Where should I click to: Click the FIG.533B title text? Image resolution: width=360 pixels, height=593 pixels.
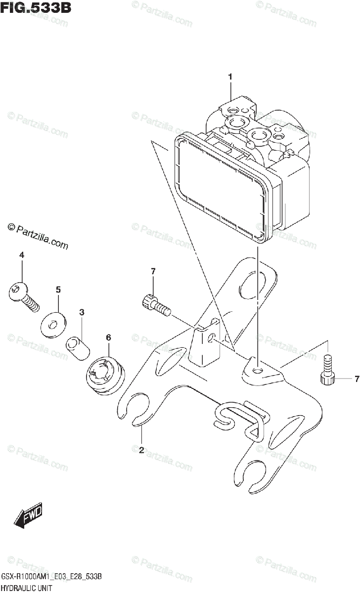coord(31,8)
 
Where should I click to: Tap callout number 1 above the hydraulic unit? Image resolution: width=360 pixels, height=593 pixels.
coord(230,77)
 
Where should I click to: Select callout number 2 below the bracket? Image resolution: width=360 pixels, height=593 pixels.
coord(141,450)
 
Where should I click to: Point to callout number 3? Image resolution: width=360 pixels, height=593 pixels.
coord(82,312)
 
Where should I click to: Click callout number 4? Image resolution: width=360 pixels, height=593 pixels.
coord(22,254)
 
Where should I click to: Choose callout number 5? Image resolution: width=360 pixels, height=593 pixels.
coord(58,289)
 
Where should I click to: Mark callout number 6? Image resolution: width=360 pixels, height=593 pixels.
coord(108,338)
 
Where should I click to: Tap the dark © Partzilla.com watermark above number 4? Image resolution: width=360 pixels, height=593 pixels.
coord(38,235)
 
